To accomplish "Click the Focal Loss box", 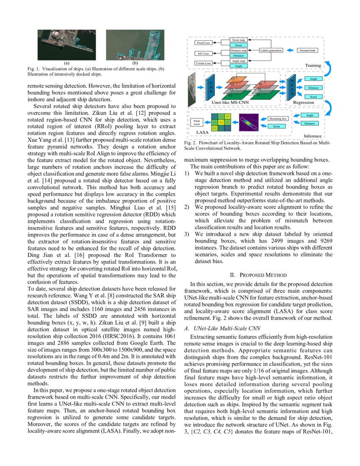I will pos(204,43).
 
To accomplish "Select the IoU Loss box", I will pos(204,53).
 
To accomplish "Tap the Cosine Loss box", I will pos(204,64).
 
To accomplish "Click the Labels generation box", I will pos(273,50).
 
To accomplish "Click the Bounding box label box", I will pos(278,119).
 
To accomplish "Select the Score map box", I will pos(238,40).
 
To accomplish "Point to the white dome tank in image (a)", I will pos(56,34).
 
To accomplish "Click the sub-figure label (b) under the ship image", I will pos(135,63).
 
